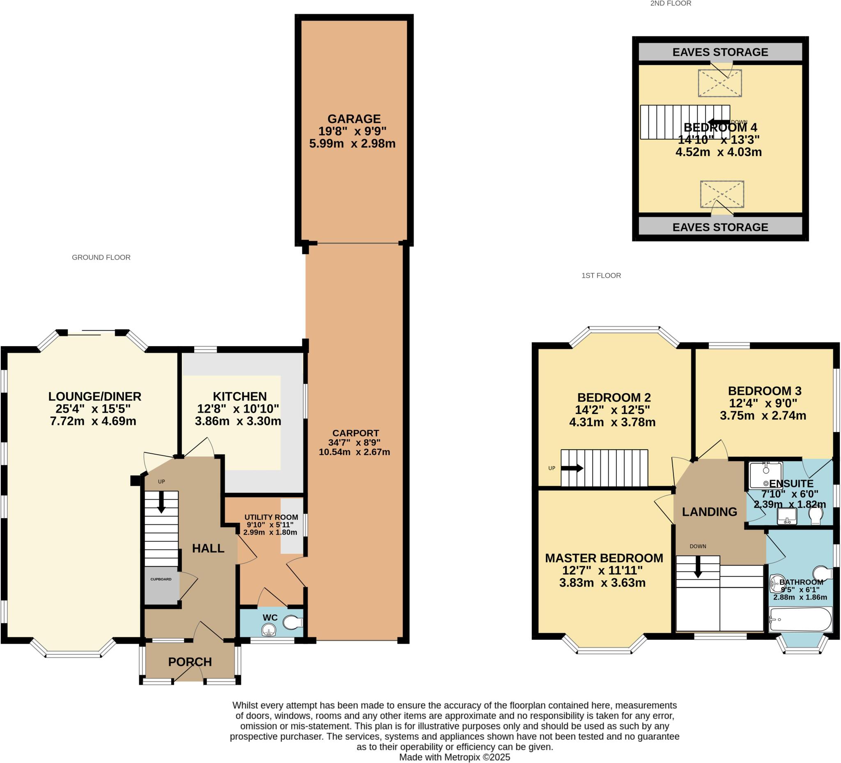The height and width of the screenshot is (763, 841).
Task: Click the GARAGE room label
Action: pos(354,119)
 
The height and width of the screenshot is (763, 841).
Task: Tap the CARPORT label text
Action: pos(356,433)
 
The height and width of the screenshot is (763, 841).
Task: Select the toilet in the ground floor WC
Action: pos(292,623)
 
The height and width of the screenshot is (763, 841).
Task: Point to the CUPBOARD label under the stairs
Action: pos(161,579)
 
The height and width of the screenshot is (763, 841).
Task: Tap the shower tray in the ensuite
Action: pos(765,475)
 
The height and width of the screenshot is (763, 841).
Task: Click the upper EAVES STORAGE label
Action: pos(720,52)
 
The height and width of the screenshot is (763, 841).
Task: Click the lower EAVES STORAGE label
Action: pos(720,228)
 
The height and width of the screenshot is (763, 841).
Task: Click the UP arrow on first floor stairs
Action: pos(572,468)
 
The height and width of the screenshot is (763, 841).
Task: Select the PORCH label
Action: pos(190,662)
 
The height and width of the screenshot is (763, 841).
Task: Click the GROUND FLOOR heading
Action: pos(101,257)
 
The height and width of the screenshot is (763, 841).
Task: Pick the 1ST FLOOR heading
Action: pos(601,275)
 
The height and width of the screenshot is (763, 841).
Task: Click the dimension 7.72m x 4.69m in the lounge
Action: pos(93,421)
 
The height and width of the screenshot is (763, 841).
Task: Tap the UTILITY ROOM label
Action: pos(271,517)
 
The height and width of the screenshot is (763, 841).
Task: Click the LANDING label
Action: pos(710,512)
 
